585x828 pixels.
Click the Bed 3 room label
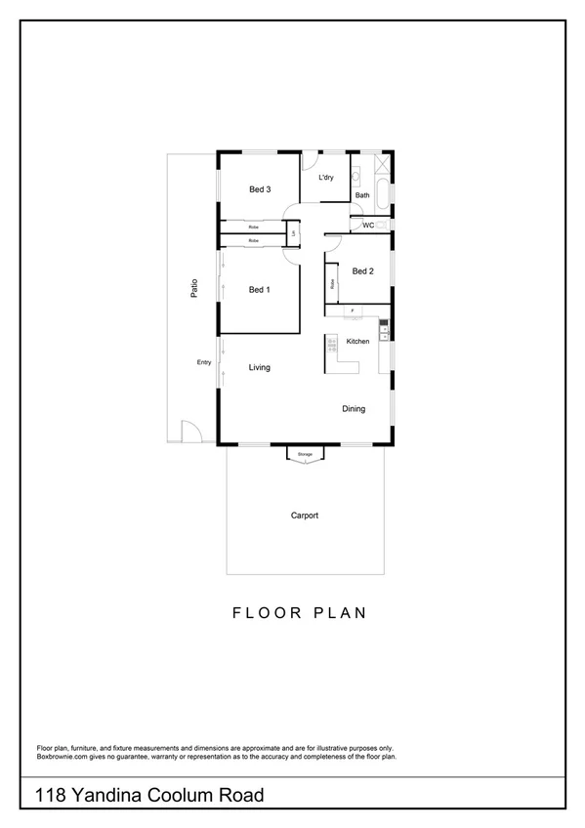click(259, 189)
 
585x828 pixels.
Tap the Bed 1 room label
click(259, 290)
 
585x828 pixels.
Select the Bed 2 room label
click(362, 271)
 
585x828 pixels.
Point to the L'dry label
click(326, 177)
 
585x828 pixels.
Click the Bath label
click(362, 195)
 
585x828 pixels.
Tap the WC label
click(367, 226)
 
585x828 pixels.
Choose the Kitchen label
click(357, 341)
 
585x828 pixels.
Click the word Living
click(259, 367)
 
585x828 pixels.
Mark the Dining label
click(354, 409)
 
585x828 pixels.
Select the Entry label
click(204, 363)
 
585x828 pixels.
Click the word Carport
click(305, 516)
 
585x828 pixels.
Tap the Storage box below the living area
click(305, 454)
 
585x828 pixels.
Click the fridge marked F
click(352, 310)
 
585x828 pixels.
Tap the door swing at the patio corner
click(190, 431)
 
